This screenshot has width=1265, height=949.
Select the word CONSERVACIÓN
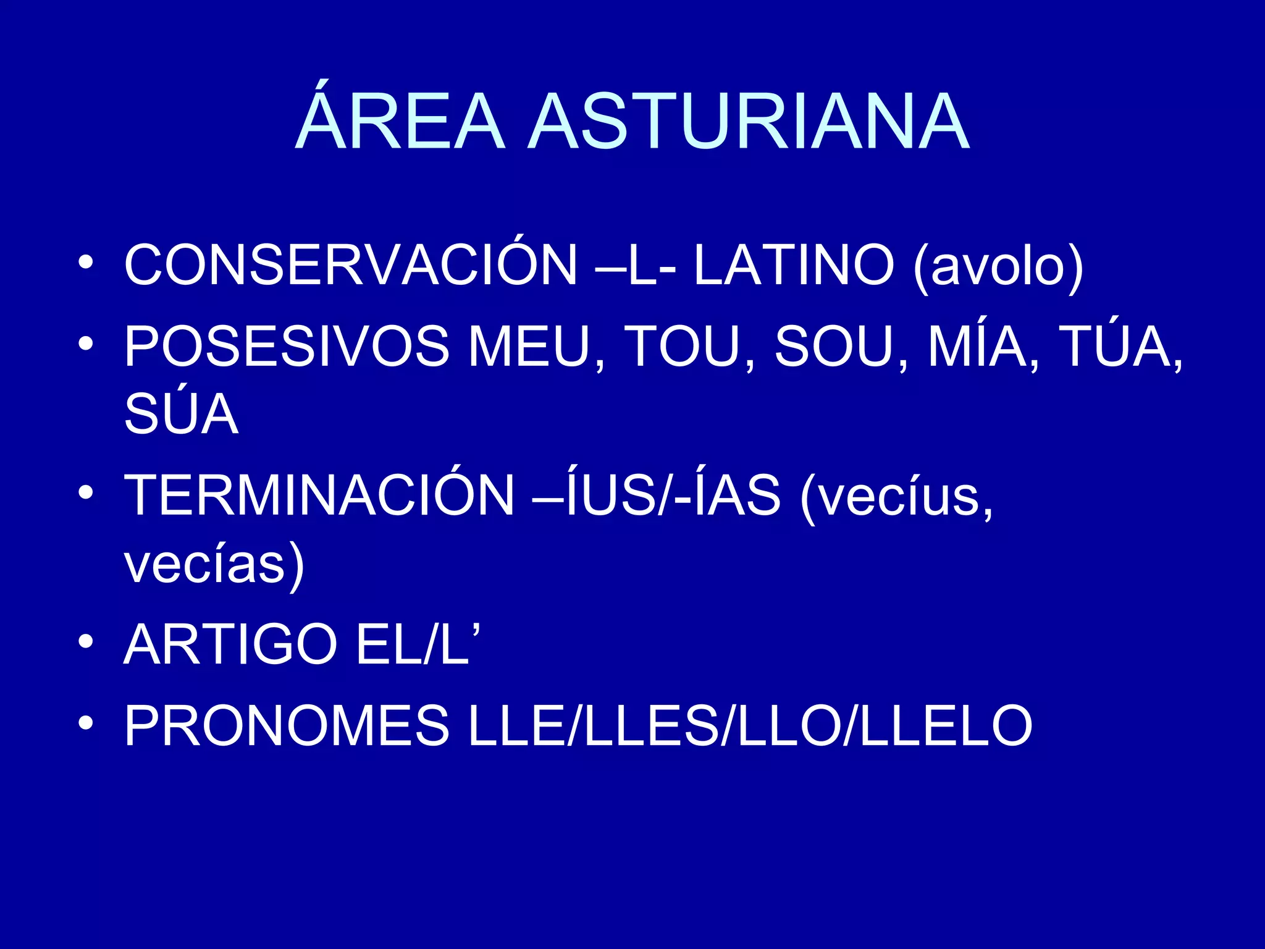tap(351, 265)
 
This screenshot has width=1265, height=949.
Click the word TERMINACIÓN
tap(319, 495)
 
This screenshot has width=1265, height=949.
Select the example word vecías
tap(214, 564)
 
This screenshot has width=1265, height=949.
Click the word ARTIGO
tap(230, 644)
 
